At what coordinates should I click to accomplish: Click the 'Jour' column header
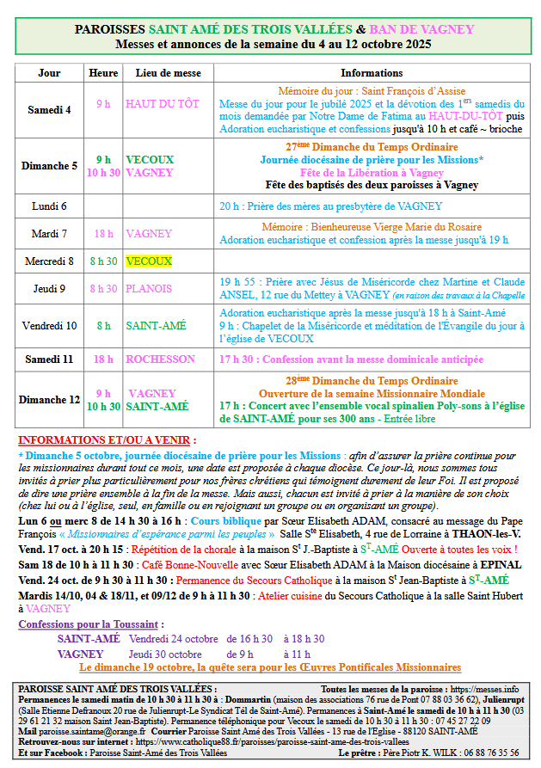(x=49, y=73)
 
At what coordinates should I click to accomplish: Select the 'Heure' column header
(x=103, y=73)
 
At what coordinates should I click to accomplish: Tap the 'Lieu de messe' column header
(x=169, y=73)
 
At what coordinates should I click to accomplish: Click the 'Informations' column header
(x=372, y=73)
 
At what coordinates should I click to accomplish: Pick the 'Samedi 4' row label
(x=49, y=109)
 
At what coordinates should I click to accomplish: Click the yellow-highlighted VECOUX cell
(x=149, y=261)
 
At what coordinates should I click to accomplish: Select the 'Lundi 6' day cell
(x=49, y=206)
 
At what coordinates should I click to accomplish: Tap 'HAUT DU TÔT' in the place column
(x=162, y=104)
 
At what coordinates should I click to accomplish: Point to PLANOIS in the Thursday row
(x=149, y=289)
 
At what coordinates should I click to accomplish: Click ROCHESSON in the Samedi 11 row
(x=160, y=359)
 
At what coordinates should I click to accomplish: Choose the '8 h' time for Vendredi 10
(x=103, y=325)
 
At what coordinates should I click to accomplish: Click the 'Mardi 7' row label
(x=49, y=233)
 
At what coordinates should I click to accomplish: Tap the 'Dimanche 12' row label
(x=49, y=400)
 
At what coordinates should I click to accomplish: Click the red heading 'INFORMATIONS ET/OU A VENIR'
(x=107, y=439)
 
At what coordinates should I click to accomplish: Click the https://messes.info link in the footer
(x=485, y=689)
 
